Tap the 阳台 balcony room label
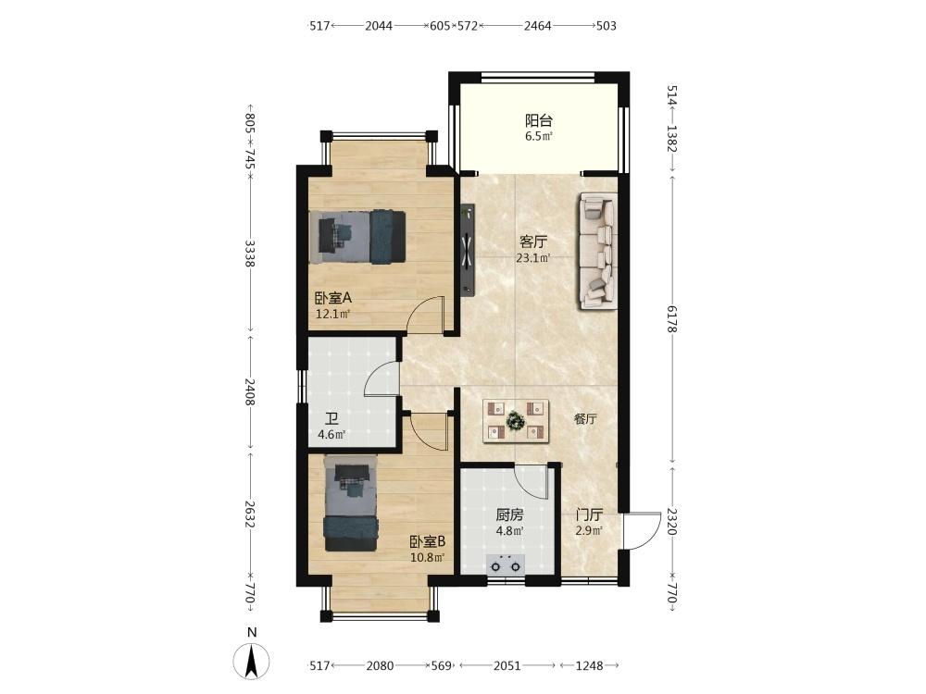pos(539,121)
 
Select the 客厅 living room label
pos(533,242)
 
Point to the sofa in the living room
pos(597,252)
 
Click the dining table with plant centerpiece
pos(516,421)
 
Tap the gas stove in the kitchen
pos(506,565)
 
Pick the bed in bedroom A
pos(357,237)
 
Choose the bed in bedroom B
pos(351,502)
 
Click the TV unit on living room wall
pos(468,249)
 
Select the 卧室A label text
pos(333,298)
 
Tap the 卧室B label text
pos(428,541)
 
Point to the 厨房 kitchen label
pos(509,514)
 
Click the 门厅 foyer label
pos(589,514)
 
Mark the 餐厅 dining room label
pos(585,419)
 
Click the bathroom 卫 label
pos(332,418)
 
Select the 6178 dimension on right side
pos(671,318)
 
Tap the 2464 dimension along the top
pos(537,25)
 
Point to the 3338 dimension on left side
pos(250,254)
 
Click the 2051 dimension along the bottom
pos(507,665)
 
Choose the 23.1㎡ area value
pos(533,257)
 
